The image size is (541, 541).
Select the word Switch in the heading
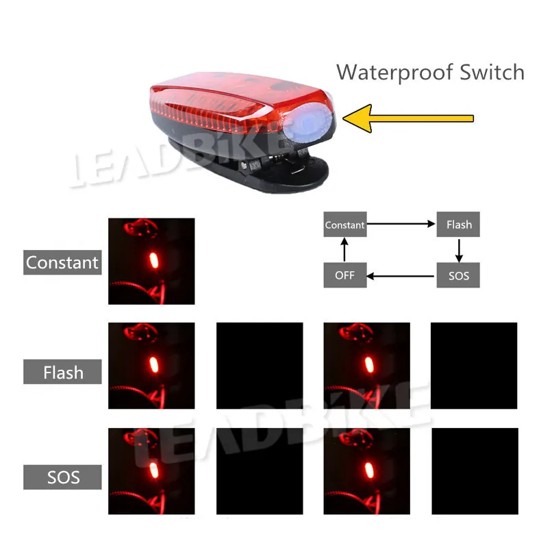pos(492,72)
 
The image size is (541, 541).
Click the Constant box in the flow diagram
pos(345,225)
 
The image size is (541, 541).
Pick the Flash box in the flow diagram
pos(459,225)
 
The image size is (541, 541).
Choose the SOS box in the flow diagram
pos(459,276)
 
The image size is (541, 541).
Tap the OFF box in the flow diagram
pos(345,276)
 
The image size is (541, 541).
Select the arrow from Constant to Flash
pos(402,225)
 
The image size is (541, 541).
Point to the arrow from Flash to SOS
pos(459,251)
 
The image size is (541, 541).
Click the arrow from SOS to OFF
pos(402,276)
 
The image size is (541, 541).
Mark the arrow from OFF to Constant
pos(345,251)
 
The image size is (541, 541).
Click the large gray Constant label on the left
pos(62,262)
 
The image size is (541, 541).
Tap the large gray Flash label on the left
pos(62,373)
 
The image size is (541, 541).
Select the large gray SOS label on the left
pos(62,477)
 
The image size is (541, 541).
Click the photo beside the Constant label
pos(151,261)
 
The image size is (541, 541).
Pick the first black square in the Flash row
pos(260,366)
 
